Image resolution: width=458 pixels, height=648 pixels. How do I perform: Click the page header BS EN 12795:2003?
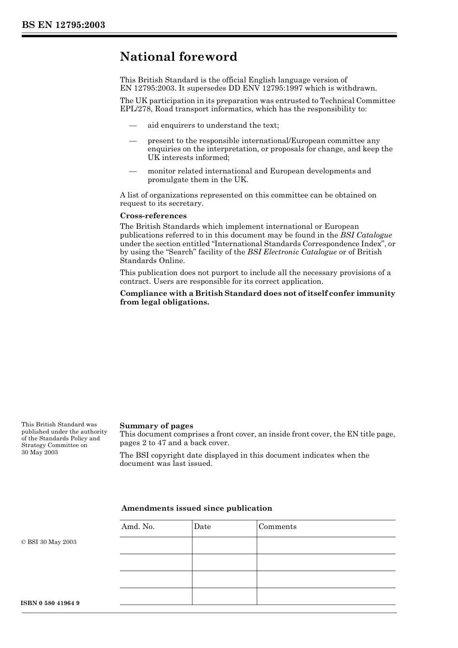click(x=63, y=25)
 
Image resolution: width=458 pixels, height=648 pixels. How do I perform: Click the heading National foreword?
click(x=178, y=57)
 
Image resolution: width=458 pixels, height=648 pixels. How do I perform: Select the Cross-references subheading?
click(x=153, y=216)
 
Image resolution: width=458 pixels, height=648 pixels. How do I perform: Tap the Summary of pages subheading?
click(x=156, y=426)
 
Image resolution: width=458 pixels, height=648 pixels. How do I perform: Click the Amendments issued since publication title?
click(x=197, y=508)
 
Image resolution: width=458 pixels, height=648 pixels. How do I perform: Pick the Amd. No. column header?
click(x=138, y=527)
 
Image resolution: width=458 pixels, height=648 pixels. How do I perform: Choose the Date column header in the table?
click(x=202, y=527)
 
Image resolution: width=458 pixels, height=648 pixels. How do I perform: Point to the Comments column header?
click(x=278, y=527)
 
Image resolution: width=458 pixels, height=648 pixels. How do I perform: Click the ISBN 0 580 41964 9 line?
click(x=51, y=603)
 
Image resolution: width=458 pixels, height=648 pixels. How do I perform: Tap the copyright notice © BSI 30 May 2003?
click(x=49, y=542)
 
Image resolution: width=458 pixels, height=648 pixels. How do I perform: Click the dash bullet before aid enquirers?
click(x=133, y=125)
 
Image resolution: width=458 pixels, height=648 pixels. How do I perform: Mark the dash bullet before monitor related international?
click(x=133, y=171)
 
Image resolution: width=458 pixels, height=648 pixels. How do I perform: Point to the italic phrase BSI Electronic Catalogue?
click(x=292, y=252)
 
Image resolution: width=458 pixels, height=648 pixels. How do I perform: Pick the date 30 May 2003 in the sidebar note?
click(x=40, y=452)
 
